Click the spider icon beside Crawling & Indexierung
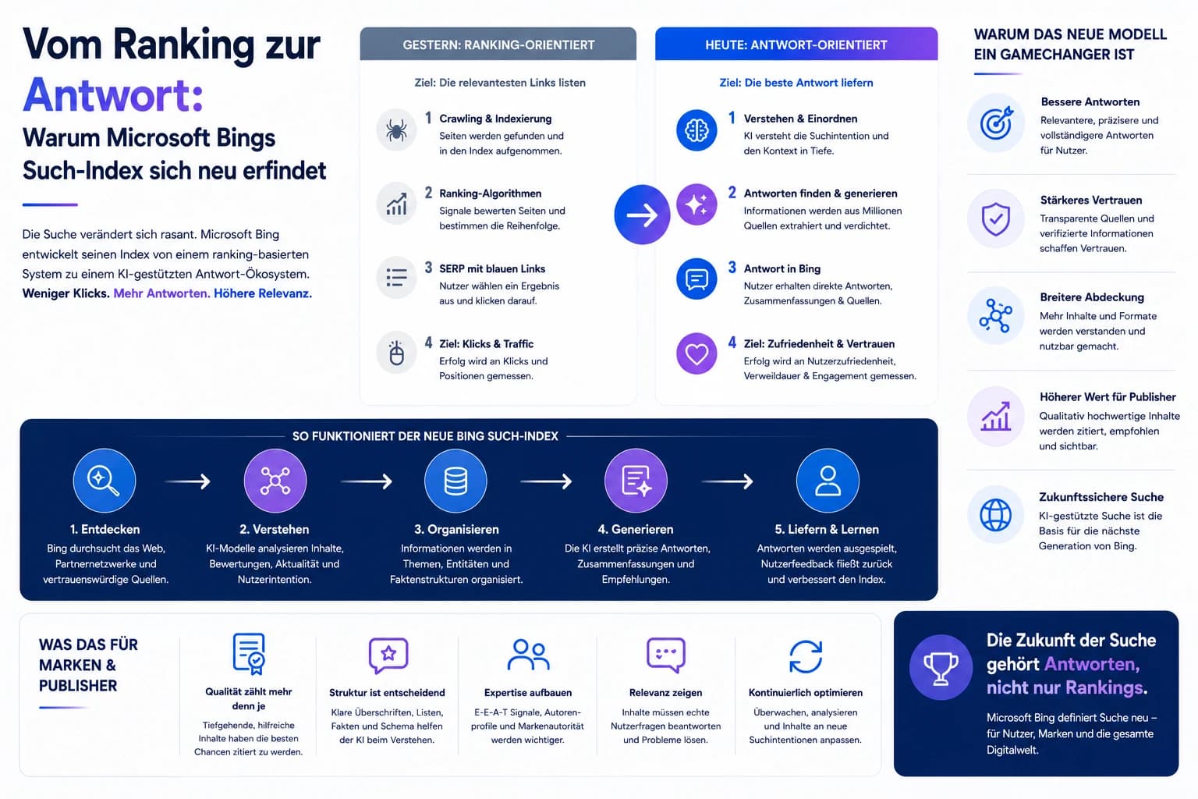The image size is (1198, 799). (x=395, y=130)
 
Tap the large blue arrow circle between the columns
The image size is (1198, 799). (x=642, y=215)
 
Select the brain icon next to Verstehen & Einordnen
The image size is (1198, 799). (x=696, y=130)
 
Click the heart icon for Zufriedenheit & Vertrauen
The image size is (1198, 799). (x=696, y=353)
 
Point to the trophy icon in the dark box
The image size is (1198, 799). (x=941, y=667)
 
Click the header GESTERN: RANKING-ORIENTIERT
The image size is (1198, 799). (x=498, y=45)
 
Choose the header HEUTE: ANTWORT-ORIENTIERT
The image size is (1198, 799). (x=796, y=45)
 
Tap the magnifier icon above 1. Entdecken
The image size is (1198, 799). (x=105, y=480)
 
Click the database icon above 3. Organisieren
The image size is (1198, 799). (x=455, y=480)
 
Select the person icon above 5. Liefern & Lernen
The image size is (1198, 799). (x=828, y=480)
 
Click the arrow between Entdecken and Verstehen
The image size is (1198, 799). (x=188, y=481)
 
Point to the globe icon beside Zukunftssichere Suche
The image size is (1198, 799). (x=995, y=515)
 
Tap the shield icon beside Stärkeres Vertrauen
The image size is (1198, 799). (x=995, y=218)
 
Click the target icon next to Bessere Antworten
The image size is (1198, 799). (x=995, y=123)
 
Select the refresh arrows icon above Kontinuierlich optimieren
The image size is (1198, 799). (x=806, y=656)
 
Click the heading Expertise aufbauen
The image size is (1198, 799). (x=528, y=693)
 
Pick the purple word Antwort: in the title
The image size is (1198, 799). (x=113, y=95)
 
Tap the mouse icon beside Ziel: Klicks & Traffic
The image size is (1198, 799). (x=395, y=353)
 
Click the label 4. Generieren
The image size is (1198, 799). (x=636, y=529)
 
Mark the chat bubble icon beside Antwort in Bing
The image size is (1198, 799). (x=696, y=279)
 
